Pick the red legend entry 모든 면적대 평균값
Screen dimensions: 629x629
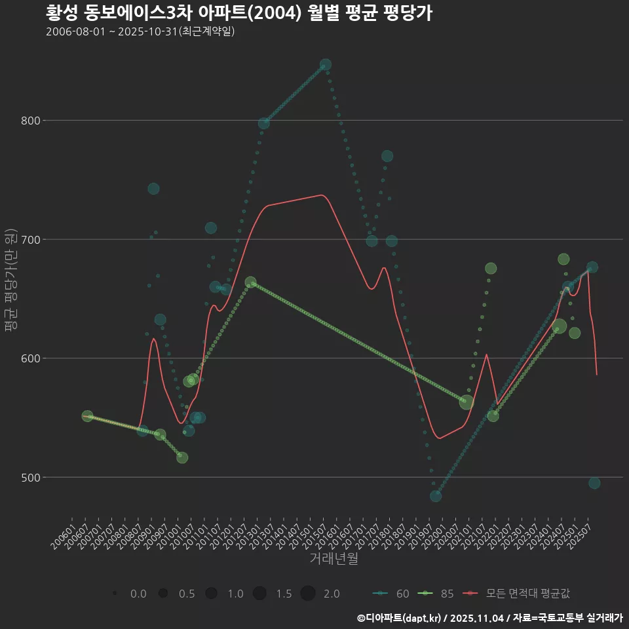tap(518, 594)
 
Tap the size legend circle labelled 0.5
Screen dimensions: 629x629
tap(163, 594)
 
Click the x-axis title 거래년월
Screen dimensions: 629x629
tap(334, 559)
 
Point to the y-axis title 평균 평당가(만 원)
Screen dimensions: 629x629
tap(10, 282)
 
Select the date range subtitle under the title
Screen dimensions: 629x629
tap(140, 31)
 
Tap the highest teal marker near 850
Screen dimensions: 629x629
tap(325, 65)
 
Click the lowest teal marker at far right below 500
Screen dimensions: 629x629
tap(594, 483)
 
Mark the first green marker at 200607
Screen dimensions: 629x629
tap(87, 416)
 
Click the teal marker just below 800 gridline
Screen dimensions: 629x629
tap(264, 123)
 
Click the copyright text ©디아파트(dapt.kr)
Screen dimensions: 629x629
tap(400, 618)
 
